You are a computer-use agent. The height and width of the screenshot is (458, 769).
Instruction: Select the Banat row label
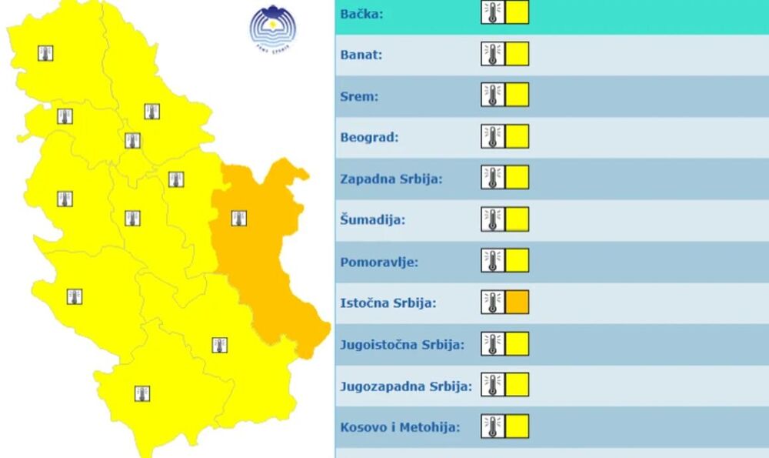point(361,55)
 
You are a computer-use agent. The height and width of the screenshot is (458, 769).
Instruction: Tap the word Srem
point(359,96)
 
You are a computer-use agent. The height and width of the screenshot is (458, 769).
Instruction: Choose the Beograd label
point(369,138)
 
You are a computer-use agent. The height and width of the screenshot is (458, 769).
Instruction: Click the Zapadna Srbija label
point(391,179)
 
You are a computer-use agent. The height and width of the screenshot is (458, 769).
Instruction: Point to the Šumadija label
point(372,220)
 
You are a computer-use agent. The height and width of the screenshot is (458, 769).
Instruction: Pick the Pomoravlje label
point(379,262)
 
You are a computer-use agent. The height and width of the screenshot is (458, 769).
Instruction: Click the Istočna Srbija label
point(388,303)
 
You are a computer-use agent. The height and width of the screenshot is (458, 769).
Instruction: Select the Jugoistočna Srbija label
point(402,344)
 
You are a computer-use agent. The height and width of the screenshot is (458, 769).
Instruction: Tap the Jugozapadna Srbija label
point(405,386)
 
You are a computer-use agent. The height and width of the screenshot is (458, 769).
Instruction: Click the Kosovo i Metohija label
point(400,426)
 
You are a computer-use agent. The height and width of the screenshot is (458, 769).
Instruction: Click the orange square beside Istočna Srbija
point(517,303)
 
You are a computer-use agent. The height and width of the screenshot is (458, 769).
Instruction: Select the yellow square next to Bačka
point(517,13)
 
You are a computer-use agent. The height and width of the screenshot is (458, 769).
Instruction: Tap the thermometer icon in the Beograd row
point(493,137)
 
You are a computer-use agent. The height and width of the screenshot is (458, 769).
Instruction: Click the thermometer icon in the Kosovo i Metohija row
point(493,426)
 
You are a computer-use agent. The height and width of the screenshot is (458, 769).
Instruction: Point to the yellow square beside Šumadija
point(517,219)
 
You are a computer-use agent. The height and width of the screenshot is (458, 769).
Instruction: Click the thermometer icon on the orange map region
point(239,218)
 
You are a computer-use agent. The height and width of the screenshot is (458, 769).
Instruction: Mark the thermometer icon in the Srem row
point(493,95)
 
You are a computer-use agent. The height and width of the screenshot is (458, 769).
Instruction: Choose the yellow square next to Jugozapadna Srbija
point(517,385)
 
